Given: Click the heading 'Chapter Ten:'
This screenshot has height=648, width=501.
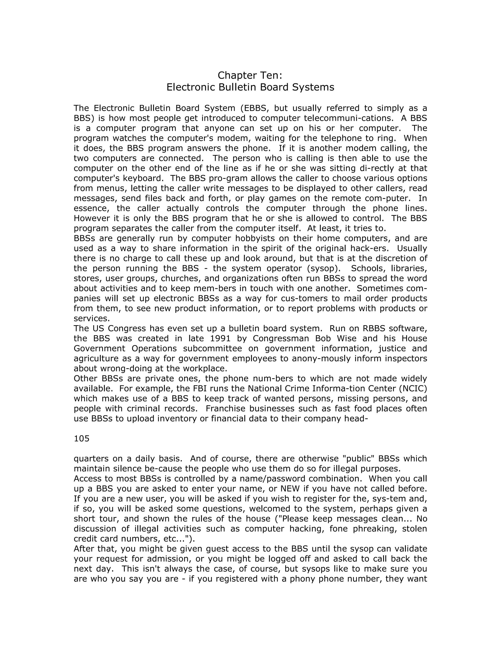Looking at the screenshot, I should tap(250, 75).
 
